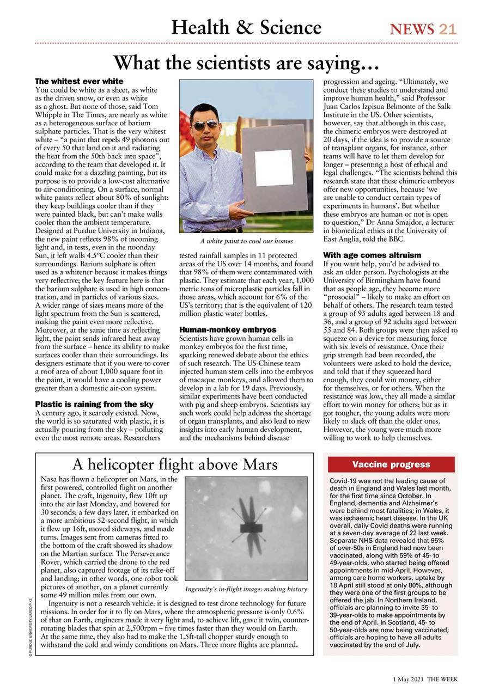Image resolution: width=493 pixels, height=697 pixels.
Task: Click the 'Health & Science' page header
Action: pos(246,27)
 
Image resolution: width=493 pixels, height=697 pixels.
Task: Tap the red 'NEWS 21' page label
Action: pos(423,29)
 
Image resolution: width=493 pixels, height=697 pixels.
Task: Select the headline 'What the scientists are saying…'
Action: pos(246,63)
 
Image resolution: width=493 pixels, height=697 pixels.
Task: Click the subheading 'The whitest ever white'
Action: pos(79,81)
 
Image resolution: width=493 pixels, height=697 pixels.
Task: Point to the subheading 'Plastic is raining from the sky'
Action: pos(94,404)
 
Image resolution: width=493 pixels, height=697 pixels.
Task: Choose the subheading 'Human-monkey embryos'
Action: pos(228,329)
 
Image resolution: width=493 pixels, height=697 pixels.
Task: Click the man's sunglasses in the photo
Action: pos(206,125)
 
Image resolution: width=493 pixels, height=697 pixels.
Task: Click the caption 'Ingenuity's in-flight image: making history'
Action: pos(246,589)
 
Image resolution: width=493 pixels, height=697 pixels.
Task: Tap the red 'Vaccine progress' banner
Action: pos(391,464)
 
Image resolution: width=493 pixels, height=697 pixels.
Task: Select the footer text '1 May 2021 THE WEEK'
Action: pos(425,680)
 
